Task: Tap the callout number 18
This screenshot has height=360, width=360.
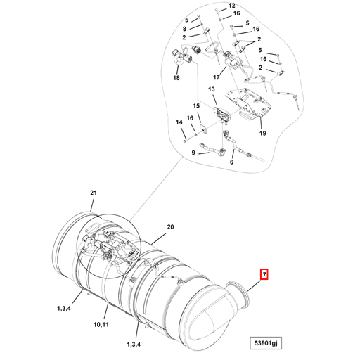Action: click(176, 78)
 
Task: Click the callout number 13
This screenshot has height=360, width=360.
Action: click(210, 91)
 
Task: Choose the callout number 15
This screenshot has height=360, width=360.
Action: click(197, 106)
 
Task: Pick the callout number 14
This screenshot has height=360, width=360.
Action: click(180, 122)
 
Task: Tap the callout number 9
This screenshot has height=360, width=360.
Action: click(192, 153)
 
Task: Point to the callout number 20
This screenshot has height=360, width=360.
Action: click(169, 226)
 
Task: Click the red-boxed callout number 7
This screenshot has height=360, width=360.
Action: click(264, 275)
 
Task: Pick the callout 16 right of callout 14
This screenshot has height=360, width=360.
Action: click(190, 117)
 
